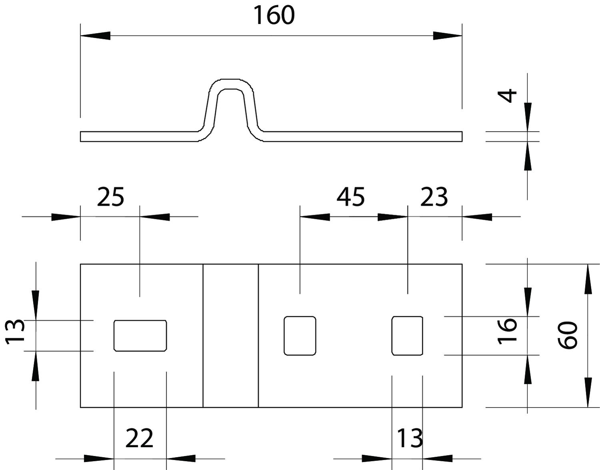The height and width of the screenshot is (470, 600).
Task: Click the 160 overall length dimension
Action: click(x=274, y=15)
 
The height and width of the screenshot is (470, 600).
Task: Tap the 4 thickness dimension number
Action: click(x=507, y=96)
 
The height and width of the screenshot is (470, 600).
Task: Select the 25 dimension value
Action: click(x=111, y=197)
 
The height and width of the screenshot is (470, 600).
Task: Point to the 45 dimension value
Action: click(x=351, y=197)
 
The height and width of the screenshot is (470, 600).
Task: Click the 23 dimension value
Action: click(x=434, y=197)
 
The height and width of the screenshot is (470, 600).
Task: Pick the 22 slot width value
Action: click(x=139, y=438)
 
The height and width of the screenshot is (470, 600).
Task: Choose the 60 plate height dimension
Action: click(x=568, y=335)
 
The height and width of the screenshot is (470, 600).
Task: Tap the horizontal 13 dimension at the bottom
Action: click(x=409, y=438)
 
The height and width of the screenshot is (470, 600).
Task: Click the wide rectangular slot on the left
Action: click(x=140, y=336)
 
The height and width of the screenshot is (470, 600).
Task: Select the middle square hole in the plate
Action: click(x=300, y=336)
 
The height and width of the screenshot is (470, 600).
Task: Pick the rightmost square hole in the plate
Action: click(x=407, y=336)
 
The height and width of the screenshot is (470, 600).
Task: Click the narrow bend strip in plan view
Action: click(x=231, y=336)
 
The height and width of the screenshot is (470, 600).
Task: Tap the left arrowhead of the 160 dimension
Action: click(x=95, y=36)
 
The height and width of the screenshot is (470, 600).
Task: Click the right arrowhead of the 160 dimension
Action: click(x=448, y=36)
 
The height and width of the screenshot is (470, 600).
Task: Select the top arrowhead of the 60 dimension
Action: click(x=588, y=279)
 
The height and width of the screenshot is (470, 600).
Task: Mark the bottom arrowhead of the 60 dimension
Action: click(x=588, y=393)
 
